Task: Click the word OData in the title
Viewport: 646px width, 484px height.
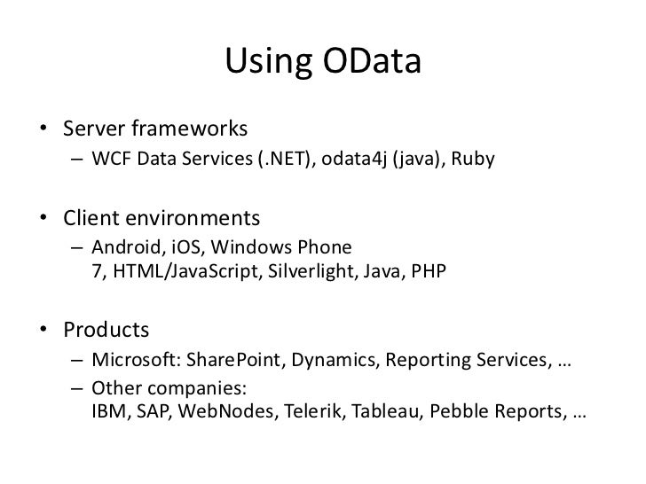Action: [372, 61]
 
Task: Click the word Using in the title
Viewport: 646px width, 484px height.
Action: [268, 62]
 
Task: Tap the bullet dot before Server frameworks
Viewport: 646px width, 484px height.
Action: [43, 128]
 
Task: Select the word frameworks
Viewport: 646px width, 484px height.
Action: [190, 128]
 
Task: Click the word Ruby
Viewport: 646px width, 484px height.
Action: [473, 160]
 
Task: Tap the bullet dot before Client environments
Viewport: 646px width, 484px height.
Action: [43, 217]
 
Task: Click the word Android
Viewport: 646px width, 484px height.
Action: [126, 247]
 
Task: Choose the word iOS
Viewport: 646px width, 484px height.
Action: [185, 247]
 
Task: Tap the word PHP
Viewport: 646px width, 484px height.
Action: [429, 271]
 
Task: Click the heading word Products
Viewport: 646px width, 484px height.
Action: [106, 330]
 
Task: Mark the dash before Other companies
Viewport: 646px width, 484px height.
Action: [77, 388]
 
